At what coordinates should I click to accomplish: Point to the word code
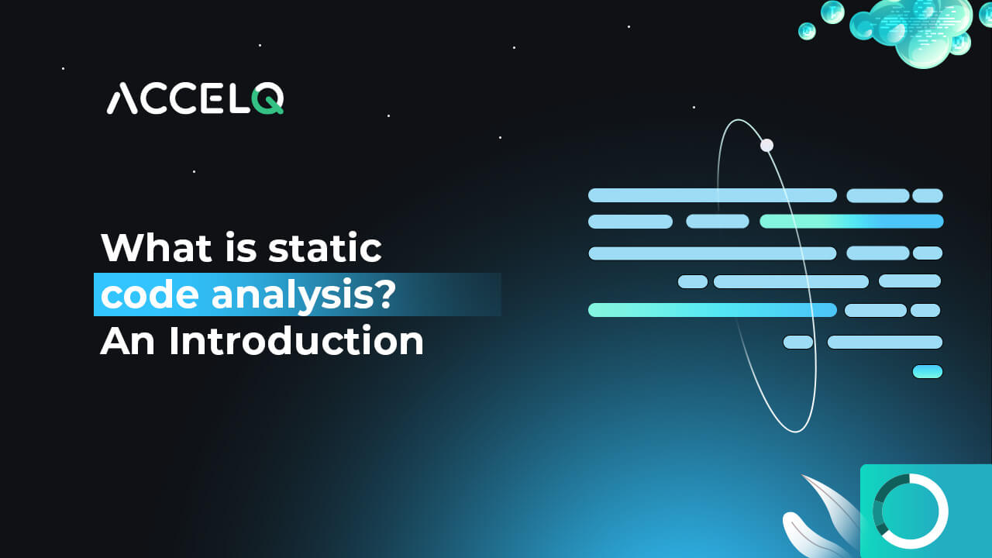pyautogui.click(x=139, y=295)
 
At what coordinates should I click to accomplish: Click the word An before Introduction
pyautogui.click(x=127, y=341)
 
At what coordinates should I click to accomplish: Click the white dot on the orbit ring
pyautogui.click(x=766, y=145)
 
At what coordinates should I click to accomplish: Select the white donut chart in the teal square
pyautogui.click(x=910, y=511)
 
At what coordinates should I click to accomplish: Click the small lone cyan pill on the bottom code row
pyautogui.click(x=927, y=372)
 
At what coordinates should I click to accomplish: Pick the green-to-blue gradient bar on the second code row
pyautogui.click(x=851, y=222)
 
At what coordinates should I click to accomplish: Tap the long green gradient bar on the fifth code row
pyautogui.click(x=711, y=310)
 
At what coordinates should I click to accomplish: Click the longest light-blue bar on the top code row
pyautogui.click(x=711, y=195)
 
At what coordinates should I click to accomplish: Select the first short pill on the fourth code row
pyautogui.click(x=692, y=281)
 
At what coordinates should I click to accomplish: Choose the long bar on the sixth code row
pyautogui.click(x=884, y=342)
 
